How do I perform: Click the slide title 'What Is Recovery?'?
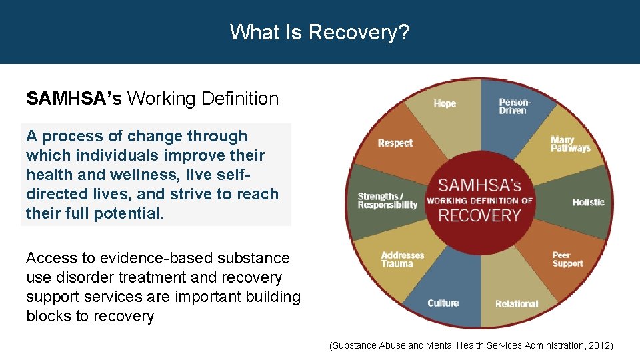[x=319, y=31]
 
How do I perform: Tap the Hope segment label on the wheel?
[x=445, y=103]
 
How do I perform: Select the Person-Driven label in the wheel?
[x=515, y=106]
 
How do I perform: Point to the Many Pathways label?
[x=570, y=144]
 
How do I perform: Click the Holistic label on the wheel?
[x=588, y=202]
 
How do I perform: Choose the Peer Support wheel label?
[x=567, y=259]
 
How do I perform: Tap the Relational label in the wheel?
[x=516, y=304]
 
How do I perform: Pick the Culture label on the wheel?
[x=443, y=303]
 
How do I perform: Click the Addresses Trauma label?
[x=402, y=259]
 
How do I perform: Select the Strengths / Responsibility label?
[x=387, y=201]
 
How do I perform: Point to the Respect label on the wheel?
[x=395, y=143]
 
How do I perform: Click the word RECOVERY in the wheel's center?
[x=479, y=215]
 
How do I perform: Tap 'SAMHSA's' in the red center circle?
[x=479, y=184]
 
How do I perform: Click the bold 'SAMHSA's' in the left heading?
[x=74, y=99]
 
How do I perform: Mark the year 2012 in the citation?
[x=598, y=345]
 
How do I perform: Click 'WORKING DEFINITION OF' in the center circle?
[x=479, y=201]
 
